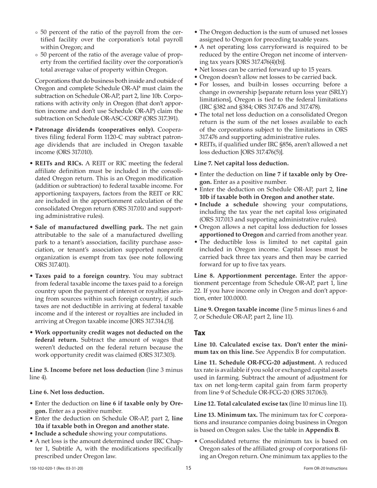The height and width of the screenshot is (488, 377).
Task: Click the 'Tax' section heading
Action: click(200, 333)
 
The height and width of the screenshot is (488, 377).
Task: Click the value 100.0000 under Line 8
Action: click(235, 298)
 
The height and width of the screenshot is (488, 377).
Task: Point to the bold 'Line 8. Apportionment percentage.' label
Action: click(246, 275)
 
